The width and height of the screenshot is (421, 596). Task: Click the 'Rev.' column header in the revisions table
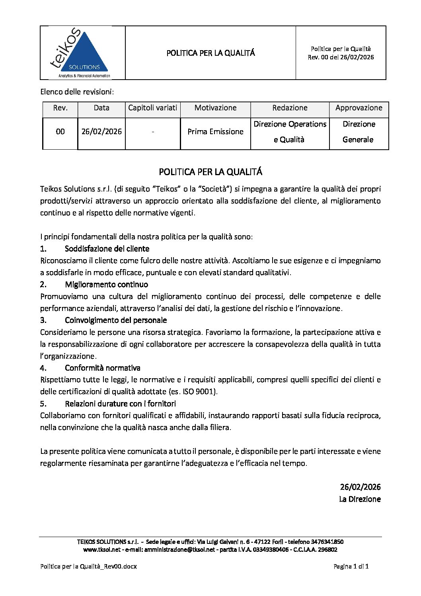tap(60, 108)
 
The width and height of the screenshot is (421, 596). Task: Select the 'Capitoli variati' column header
tap(153, 108)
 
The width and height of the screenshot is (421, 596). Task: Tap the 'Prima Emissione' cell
tap(215, 132)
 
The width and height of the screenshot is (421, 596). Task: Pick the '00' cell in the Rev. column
tap(60, 132)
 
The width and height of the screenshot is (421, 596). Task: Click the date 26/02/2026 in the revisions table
tap(101, 132)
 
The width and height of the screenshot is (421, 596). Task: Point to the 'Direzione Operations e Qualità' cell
tap(290, 132)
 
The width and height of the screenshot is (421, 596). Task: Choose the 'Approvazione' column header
tap(359, 108)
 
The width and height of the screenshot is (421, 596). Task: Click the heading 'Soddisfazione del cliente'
tap(107, 249)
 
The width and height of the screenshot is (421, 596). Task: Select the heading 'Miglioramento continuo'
tap(106, 285)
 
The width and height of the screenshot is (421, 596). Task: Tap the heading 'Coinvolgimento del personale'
tap(116, 320)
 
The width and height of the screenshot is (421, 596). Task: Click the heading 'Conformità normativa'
tap(103, 368)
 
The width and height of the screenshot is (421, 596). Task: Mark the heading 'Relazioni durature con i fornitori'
tap(120, 404)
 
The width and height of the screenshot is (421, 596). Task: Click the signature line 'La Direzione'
tap(360, 499)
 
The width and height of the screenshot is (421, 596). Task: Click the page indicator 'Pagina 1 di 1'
tap(351, 567)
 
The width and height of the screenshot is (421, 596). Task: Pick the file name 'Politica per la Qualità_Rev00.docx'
tap(88, 567)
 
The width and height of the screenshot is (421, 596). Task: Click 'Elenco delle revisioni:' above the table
tap(77, 92)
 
